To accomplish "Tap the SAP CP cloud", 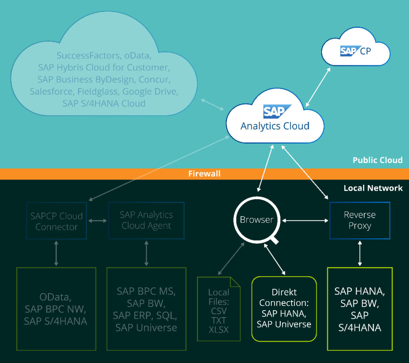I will tap(355, 51).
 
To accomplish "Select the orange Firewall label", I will tap(204, 174).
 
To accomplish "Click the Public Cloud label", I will tap(377, 160).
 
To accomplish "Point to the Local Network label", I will tap(373, 188).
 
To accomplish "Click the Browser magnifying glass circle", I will tap(256, 219).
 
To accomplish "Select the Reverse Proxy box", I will tap(359, 220).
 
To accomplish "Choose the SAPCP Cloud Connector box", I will tap(56, 221).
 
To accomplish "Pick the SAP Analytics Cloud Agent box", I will tap(146, 220).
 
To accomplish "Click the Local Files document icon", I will tap(219, 309).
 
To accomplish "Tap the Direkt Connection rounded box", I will tap(284, 308).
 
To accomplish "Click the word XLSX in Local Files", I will tap(218, 330).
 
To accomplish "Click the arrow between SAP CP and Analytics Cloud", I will tap(318, 87).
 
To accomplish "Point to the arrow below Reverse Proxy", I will tap(360, 253).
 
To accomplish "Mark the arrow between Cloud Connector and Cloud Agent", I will tap(97, 221).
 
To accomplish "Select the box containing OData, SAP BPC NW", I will tap(56, 309).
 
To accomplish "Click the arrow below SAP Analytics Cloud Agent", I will tap(146, 253).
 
